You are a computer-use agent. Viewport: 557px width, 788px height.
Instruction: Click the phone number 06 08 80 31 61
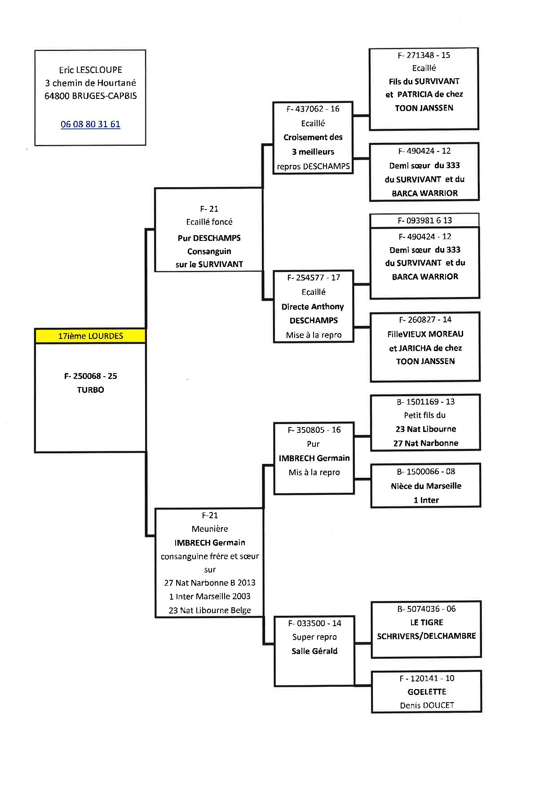pyautogui.click(x=90, y=125)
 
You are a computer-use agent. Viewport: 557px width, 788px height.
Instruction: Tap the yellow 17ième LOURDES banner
pyautogui.click(x=90, y=336)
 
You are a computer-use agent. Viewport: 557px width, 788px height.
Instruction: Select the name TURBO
pyautogui.click(x=90, y=390)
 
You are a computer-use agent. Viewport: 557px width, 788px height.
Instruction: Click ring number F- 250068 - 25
pyautogui.click(x=90, y=376)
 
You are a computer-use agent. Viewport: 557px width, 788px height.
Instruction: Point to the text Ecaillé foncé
pyautogui.click(x=209, y=222)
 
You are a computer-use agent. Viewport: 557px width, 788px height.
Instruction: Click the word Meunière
pyautogui.click(x=210, y=529)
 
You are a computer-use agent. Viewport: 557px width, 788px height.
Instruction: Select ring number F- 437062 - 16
pyautogui.click(x=313, y=109)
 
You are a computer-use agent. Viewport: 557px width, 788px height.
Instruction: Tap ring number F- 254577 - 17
pyautogui.click(x=314, y=278)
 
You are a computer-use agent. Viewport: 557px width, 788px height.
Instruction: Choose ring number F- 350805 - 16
pyautogui.click(x=314, y=430)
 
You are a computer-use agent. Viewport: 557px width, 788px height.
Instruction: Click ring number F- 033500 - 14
pyautogui.click(x=314, y=623)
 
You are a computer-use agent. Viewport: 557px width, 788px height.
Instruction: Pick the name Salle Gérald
pyautogui.click(x=314, y=651)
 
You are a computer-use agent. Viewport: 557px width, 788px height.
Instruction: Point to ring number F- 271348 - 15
pyautogui.click(x=424, y=55)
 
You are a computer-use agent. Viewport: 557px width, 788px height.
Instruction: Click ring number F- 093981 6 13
pyautogui.click(x=424, y=221)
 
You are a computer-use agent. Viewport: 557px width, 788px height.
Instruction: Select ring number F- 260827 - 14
pyautogui.click(x=425, y=320)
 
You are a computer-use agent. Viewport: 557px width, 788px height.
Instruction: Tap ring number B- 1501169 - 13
pyautogui.click(x=425, y=402)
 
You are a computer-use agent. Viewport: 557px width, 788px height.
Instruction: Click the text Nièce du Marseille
pyautogui.click(x=426, y=486)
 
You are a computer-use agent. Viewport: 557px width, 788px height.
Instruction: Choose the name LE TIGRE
pyautogui.click(x=426, y=623)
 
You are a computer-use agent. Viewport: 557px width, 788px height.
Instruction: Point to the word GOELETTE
pyautogui.click(x=427, y=692)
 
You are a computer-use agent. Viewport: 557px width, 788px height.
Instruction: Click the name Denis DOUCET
pyautogui.click(x=427, y=705)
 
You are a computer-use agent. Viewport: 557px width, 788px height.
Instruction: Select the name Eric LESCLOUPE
pyautogui.click(x=90, y=70)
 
